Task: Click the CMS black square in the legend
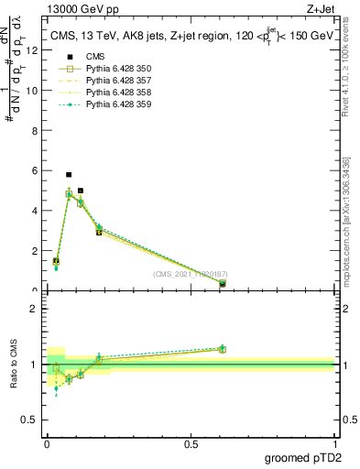[x=69, y=57]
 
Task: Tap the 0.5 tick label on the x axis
[x=191, y=444]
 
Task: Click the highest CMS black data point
[x=69, y=174]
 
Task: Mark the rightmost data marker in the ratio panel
[x=223, y=349]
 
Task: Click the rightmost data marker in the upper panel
[x=223, y=284]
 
